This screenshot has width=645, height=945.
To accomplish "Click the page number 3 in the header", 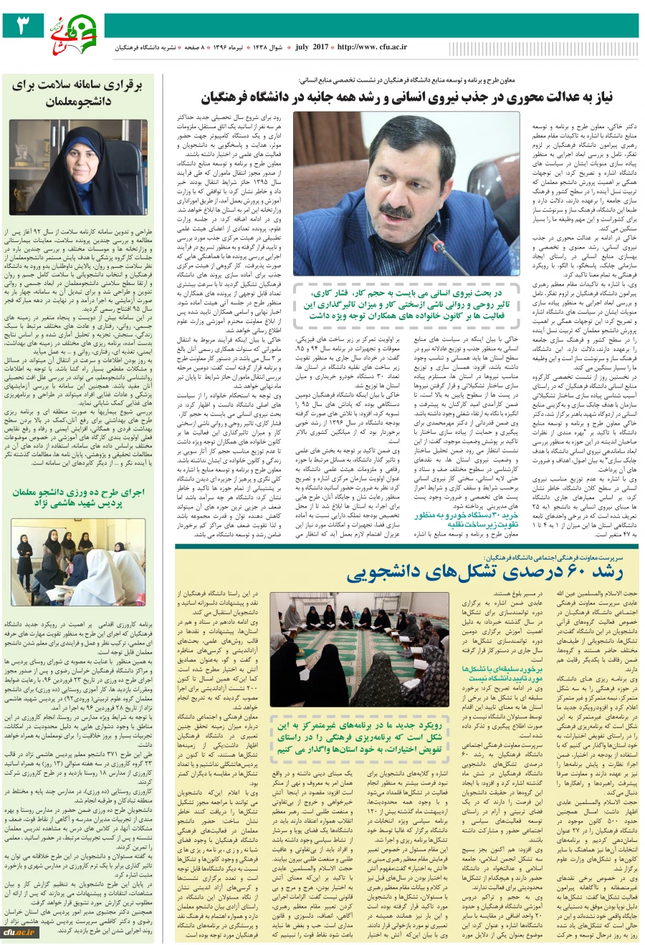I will (21, 26).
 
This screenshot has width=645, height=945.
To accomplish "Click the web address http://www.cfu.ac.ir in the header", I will (372, 47).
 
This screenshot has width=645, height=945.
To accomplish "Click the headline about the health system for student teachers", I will (78, 92).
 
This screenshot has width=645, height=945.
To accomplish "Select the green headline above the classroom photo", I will (78, 498).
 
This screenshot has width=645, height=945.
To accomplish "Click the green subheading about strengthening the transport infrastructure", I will (466, 519).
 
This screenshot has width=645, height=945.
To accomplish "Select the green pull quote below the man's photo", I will (405, 304).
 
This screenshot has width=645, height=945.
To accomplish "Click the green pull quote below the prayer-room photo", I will (359, 737).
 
